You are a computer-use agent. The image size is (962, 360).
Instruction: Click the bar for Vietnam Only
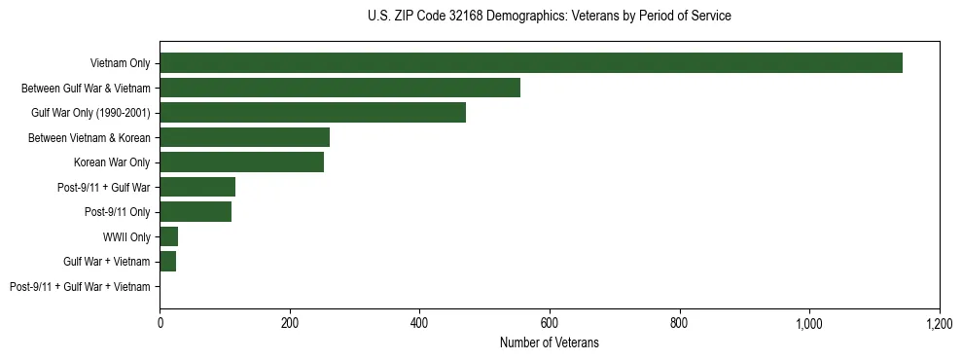[531, 63]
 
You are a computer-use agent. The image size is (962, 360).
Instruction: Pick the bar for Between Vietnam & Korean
[244, 137]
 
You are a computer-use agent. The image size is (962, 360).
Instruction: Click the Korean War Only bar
[241, 162]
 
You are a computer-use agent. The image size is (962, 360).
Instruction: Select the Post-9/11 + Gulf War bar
[197, 187]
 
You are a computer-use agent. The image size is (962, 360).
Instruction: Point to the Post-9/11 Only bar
[196, 212]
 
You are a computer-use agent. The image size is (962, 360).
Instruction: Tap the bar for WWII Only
[169, 236]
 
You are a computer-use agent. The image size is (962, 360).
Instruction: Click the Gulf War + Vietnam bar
[168, 262]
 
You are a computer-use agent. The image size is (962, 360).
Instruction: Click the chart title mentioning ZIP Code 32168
[550, 17]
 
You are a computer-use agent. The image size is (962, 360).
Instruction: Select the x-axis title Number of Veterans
[550, 342]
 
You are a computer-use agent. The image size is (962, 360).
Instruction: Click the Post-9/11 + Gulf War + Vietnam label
[80, 287]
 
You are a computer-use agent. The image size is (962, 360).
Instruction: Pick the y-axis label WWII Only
[126, 237]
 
